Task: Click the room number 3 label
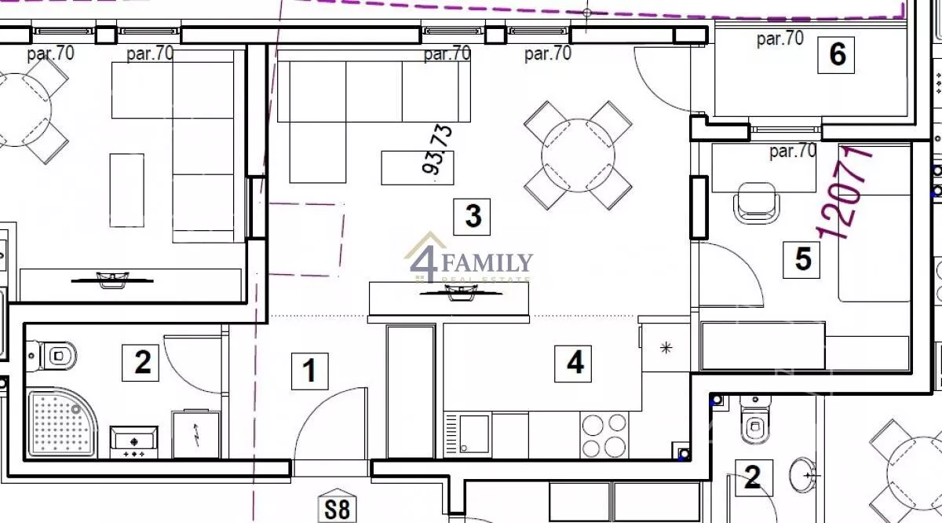tap(472, 217)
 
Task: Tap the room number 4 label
tap(573, 364)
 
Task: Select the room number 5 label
tap(801, 260)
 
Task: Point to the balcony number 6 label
tap(836, 55)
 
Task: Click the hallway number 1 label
tap(310, 371)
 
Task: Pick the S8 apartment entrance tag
tap(338, 506)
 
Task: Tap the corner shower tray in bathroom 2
tap(62, 422)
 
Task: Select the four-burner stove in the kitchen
tap(604, 434)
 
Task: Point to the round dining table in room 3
tap(579, 155)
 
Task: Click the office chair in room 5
tap(756, 203)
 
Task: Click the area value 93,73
tap(437, 149)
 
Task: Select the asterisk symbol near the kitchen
tap(666, 348)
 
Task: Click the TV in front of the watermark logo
tap(461, 293)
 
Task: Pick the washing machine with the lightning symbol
tap(196, 434)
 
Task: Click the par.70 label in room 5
tap(793, 151)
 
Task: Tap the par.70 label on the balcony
tap(780, 38)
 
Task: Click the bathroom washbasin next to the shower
tap(133, 442)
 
